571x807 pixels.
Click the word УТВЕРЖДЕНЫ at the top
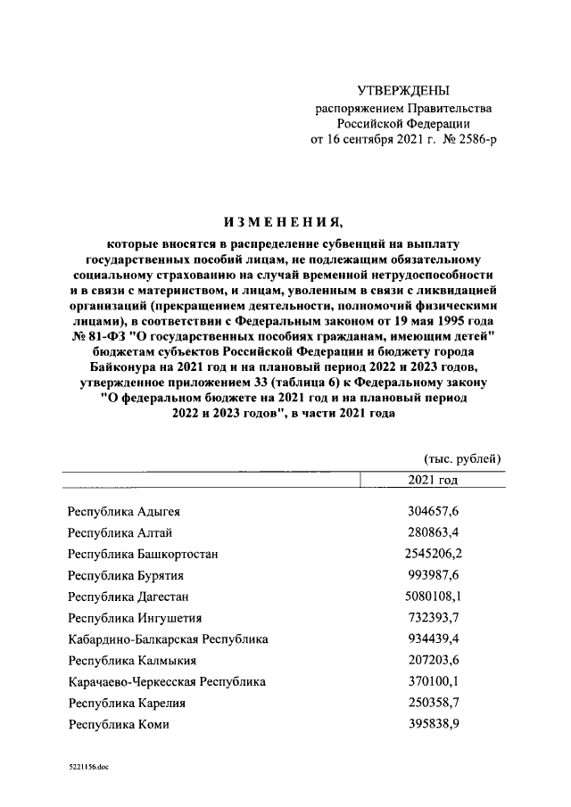pyautogui.click(x=402, y=91)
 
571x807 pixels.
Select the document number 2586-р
pyautogui.click(x=470, y=140)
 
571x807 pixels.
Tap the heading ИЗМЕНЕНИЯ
pyautogui.click(x=285, y=222)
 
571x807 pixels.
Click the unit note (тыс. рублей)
pyautogui.click(x=461, y=459)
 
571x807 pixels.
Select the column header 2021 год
pyautogui.click(x=431, y=481)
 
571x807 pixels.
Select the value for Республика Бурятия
pyautogui.click(x=432, y=575)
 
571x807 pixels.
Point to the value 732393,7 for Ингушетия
pyautogui.click(x=432, y=618)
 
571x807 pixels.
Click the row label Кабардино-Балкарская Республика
pyautogui.click(x=168, y=639)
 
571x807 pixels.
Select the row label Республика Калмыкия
pyautogui.click(x=131, y=661)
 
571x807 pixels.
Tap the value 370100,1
pyautogui.click(x=432, y=682)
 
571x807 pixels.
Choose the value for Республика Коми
pyautogui.click(x=432, y=725)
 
